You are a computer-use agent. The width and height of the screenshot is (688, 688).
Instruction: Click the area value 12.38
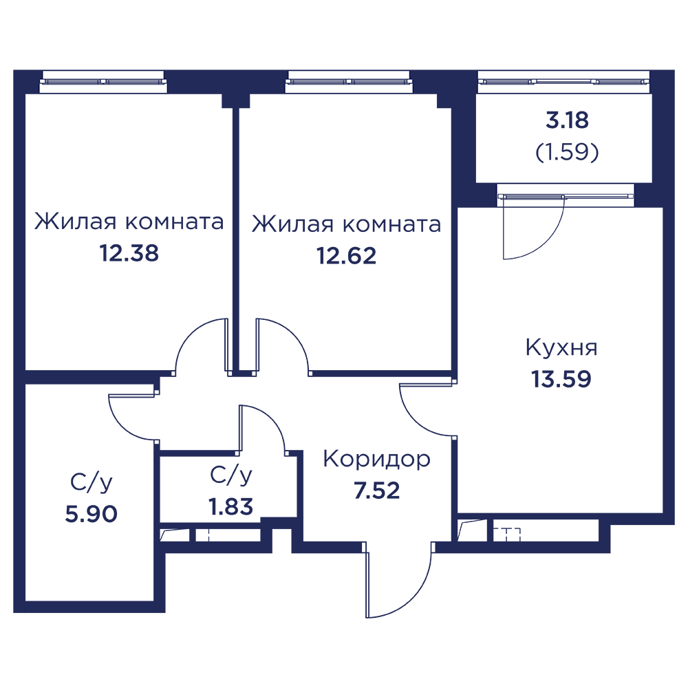click(129, 253)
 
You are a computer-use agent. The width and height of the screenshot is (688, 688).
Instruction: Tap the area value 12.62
click(346, 256)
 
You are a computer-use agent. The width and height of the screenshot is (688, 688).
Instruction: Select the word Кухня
click(561, 348)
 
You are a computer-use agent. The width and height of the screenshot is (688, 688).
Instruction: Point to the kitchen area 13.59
click(561, 379)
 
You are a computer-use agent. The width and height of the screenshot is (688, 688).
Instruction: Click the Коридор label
click(376, 460)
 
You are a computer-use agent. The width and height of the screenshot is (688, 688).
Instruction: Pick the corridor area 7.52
click(377, 491)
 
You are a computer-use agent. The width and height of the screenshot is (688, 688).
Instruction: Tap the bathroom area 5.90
click(92, 513)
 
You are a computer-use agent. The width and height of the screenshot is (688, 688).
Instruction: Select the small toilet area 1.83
click(230, 506)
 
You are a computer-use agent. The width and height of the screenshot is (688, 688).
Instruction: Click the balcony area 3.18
click(567, 120)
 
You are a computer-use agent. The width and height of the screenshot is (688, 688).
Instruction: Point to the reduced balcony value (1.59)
click(567, 152)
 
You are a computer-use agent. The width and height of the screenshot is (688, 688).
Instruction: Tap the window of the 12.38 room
click(104, 82)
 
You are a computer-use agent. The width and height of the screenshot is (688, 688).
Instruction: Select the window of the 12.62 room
click(349, 82)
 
